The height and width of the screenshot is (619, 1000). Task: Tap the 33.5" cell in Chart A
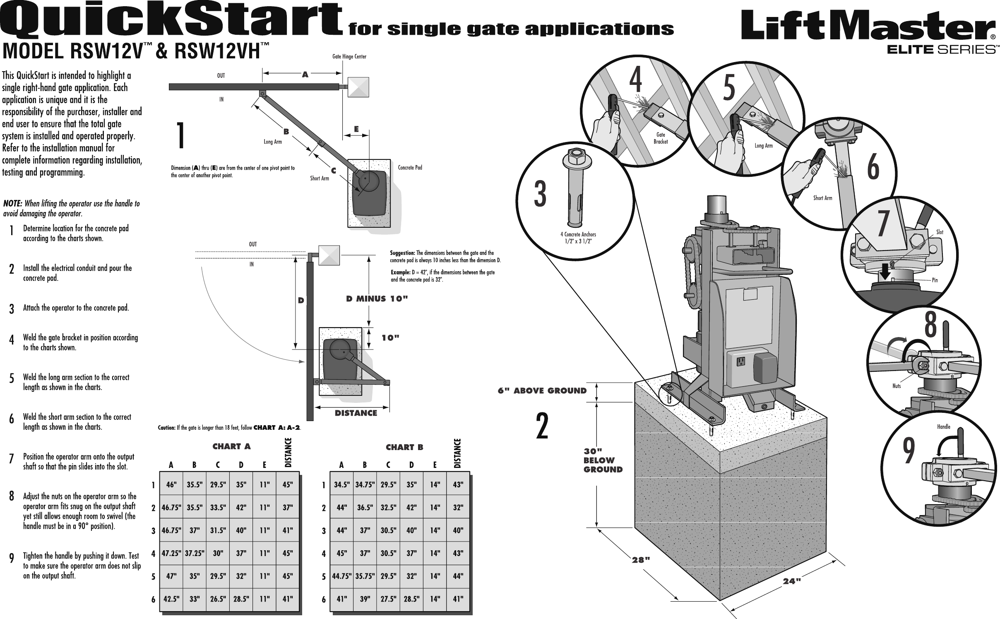[x=218, y=506]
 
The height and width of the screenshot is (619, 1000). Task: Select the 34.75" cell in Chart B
[x=365, y=484]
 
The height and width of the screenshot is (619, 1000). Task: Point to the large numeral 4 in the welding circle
[x=636, y=81]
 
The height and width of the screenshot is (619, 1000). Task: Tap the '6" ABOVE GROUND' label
[x=542, y=390]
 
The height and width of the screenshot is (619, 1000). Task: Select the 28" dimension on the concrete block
[x=641, y=559]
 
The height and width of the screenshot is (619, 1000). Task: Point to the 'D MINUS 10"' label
[x=377, y=299]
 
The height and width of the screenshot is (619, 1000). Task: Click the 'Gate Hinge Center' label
[x=349, y=57]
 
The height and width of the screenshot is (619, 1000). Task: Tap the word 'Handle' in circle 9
[x=943, y=426]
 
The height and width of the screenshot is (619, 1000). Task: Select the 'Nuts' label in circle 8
[x=896, y=385]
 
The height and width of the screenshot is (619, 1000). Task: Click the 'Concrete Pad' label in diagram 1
[x=410, y=168]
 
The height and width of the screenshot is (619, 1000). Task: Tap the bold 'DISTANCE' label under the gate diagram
[x=356, y=413]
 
